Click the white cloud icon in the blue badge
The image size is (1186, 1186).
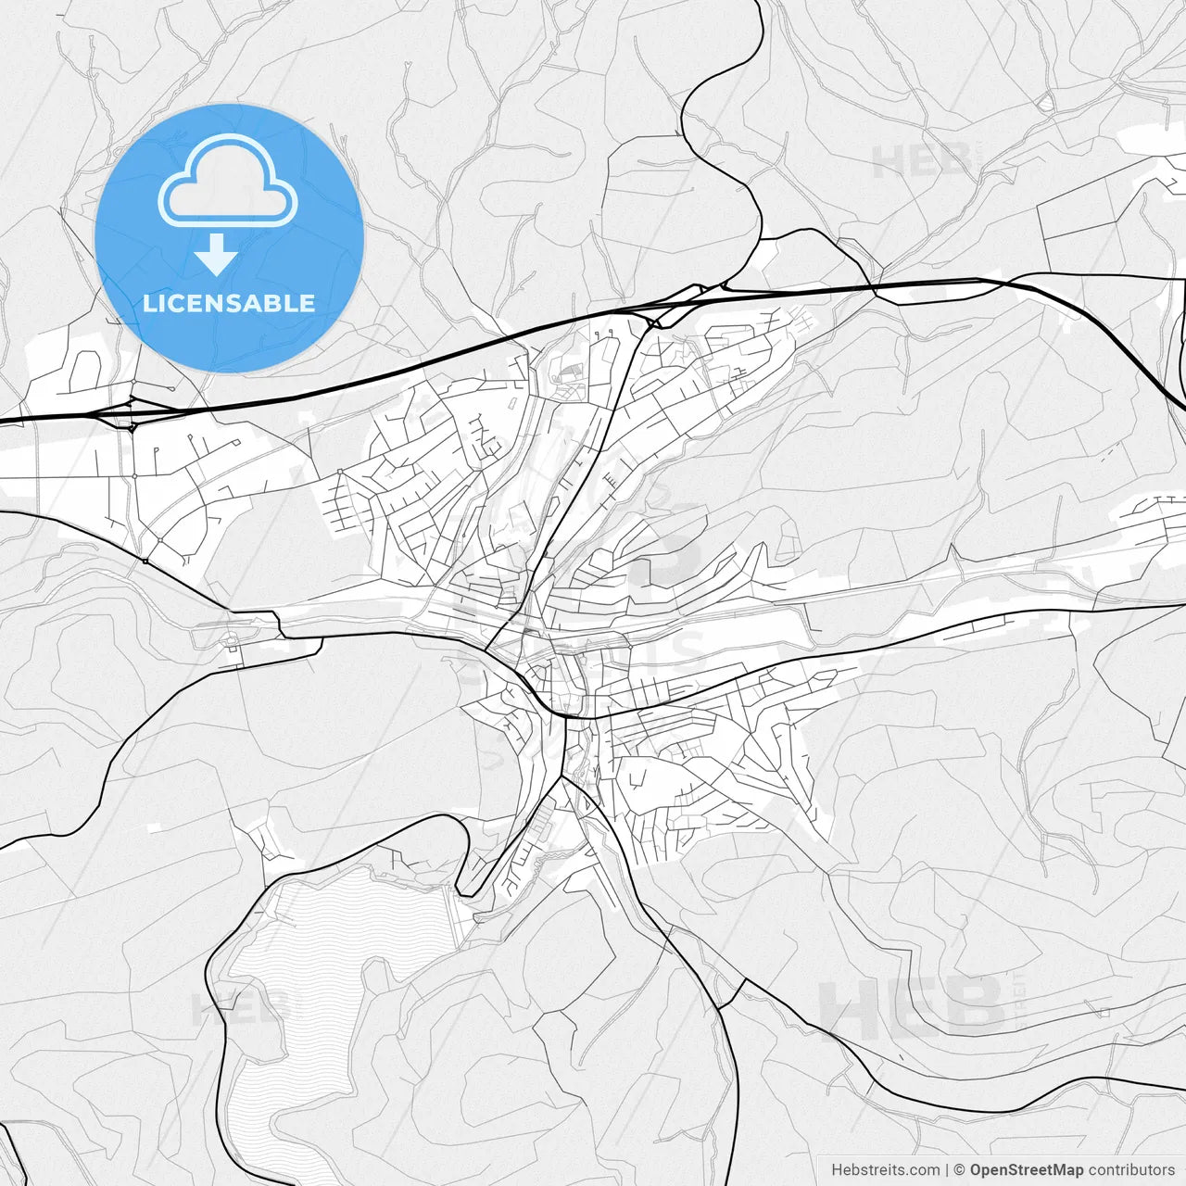tap(228, 180)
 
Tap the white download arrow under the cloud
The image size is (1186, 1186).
tap(217, 254)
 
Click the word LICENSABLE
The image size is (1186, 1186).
tap(229, 303)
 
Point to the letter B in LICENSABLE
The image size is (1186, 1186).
tap(276, 303)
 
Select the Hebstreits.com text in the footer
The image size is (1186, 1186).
tap(885, 1170)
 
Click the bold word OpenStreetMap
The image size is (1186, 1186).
tap(1026, 1170)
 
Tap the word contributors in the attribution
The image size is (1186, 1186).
tap(1131, 1170)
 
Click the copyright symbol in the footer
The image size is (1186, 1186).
tap(960, 1170)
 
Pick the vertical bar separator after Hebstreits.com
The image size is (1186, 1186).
tap(947, 1170)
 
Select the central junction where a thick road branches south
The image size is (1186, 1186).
tap(563, 715)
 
